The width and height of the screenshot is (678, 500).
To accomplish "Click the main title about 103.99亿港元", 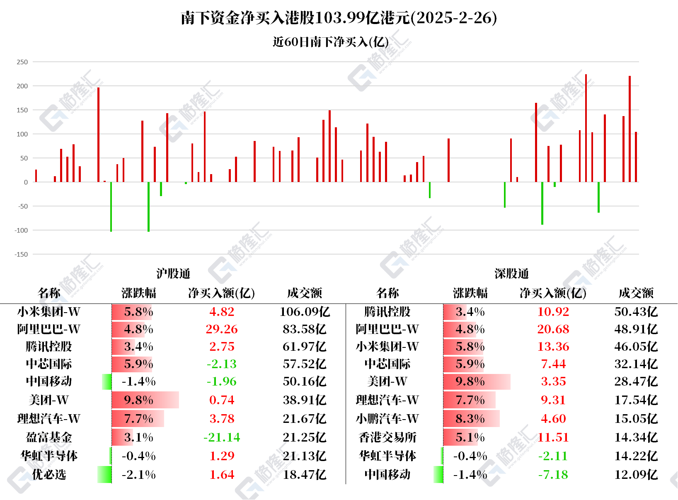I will (x=339, y=18).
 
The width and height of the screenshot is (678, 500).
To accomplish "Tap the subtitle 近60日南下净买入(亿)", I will (x=330, y=42).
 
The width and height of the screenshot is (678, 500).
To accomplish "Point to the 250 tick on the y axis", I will (x=22, y=62).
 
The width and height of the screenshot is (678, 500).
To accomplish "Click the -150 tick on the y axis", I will (x=22, y=255).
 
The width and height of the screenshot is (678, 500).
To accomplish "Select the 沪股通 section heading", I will (x=173, y=274).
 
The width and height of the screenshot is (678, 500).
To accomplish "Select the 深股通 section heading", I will (x=511, y=274).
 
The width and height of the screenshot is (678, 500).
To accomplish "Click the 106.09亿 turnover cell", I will (x=305, y=312).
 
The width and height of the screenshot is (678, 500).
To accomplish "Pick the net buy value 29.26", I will (x=222, y=329).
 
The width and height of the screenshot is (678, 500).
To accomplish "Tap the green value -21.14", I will (x=222, y=437).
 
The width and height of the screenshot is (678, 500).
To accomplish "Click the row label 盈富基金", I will (x=49, y=437).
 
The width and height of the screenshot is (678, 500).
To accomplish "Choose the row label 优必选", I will (x=49, y=475).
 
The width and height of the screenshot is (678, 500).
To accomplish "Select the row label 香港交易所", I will (x=387, y=437).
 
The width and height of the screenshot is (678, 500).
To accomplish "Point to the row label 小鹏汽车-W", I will (x=387, y=419).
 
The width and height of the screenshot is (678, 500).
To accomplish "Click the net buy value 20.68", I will (x=553, y=329).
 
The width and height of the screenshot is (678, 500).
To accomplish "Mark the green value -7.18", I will (x=553, y=475).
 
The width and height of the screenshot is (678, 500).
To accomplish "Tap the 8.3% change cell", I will (x=470, y=419).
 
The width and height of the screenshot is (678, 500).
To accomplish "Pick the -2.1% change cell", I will (x=138, y=475).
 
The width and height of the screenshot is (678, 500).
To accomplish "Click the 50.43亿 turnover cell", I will (x=636, y=312).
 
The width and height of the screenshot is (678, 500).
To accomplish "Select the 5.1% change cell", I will (x=470, y=437).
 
